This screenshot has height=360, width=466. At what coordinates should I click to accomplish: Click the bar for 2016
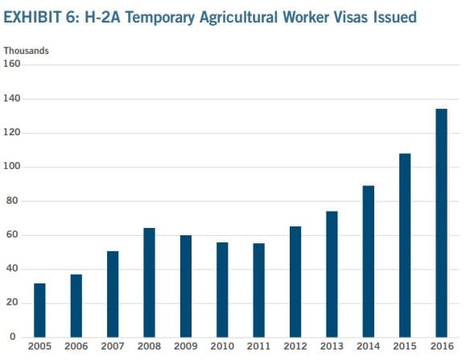(441, 223)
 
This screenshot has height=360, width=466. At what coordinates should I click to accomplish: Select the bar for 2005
(39, 310)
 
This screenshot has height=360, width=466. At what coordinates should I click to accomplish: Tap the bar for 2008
(149, 283)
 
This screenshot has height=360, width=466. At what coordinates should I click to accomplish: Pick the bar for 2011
(259, 291)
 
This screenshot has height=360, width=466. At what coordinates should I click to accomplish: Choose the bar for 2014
(369, 262)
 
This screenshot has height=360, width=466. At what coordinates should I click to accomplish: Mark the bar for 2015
(405, 246)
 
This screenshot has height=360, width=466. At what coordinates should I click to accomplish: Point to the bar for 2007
(113, 294)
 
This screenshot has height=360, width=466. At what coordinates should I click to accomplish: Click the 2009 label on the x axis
(186, 346)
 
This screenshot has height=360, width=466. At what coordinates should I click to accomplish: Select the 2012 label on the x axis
(295, 346)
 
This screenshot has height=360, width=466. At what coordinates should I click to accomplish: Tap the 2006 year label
(76, 346)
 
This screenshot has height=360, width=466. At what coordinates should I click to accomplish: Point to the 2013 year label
(332, 346)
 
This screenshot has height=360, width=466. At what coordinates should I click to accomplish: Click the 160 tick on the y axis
(11, 64)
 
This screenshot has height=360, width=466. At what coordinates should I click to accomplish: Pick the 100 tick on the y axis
(11, 166)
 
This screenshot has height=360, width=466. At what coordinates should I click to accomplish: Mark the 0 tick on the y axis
(13, 337)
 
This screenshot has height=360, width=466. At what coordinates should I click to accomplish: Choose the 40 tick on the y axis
(12, 268)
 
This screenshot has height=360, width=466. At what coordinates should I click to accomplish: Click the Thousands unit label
(26, 51)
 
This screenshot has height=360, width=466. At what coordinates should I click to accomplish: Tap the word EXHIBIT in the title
(32, 17)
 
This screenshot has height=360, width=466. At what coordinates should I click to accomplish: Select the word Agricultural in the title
(239, 18)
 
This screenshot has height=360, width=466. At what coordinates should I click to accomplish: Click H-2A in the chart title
(102, 17)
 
